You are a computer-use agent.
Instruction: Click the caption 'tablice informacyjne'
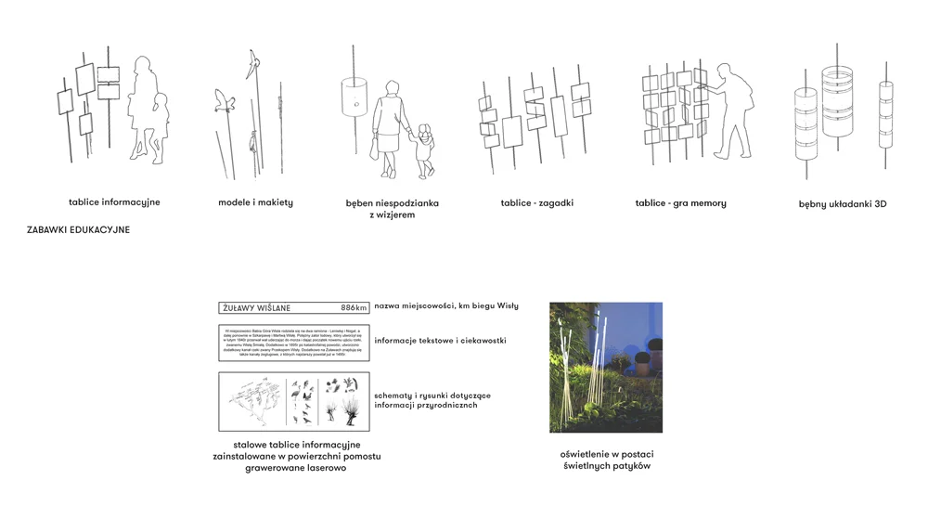[114, 201]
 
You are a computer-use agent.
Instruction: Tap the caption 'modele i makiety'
[255, 202]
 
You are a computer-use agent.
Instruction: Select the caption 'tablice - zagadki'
[536, 202]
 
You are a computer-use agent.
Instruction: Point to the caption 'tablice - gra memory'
[680, 202]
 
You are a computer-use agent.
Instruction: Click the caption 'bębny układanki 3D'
[843, 203]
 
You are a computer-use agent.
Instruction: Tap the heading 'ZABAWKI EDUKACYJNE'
[79, 229]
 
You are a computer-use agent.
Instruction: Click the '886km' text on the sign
[354, 307]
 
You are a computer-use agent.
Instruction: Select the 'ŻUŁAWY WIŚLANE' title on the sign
[258, 307]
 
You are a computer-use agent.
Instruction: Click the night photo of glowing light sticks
[606, 367]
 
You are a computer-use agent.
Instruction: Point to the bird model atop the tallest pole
[249, 63]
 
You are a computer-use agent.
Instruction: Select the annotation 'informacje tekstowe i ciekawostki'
[440, 341]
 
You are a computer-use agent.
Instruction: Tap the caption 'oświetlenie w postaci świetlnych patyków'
[606, 460]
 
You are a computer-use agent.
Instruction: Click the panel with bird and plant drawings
[293, 401]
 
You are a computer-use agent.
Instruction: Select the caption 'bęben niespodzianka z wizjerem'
[392, 208]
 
